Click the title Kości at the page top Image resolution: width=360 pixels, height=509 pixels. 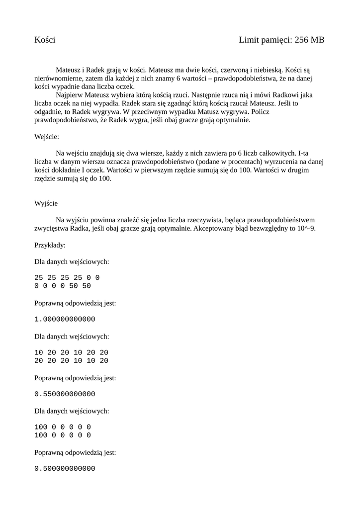click(45, 40)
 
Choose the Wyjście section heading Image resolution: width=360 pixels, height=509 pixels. click(47, 203)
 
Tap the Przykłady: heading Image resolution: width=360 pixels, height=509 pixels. click(50, 245)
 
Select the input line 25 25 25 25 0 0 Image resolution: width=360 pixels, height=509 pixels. click(67, 277)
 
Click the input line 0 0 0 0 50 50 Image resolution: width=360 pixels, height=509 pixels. click(63, 286)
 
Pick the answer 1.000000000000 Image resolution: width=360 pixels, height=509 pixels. click(65, 319)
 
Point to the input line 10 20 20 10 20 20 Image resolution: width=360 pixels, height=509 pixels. click(71, 352)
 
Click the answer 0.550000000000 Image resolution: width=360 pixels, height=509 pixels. click(65, 394)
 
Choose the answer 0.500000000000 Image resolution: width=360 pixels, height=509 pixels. click(65, 469)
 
